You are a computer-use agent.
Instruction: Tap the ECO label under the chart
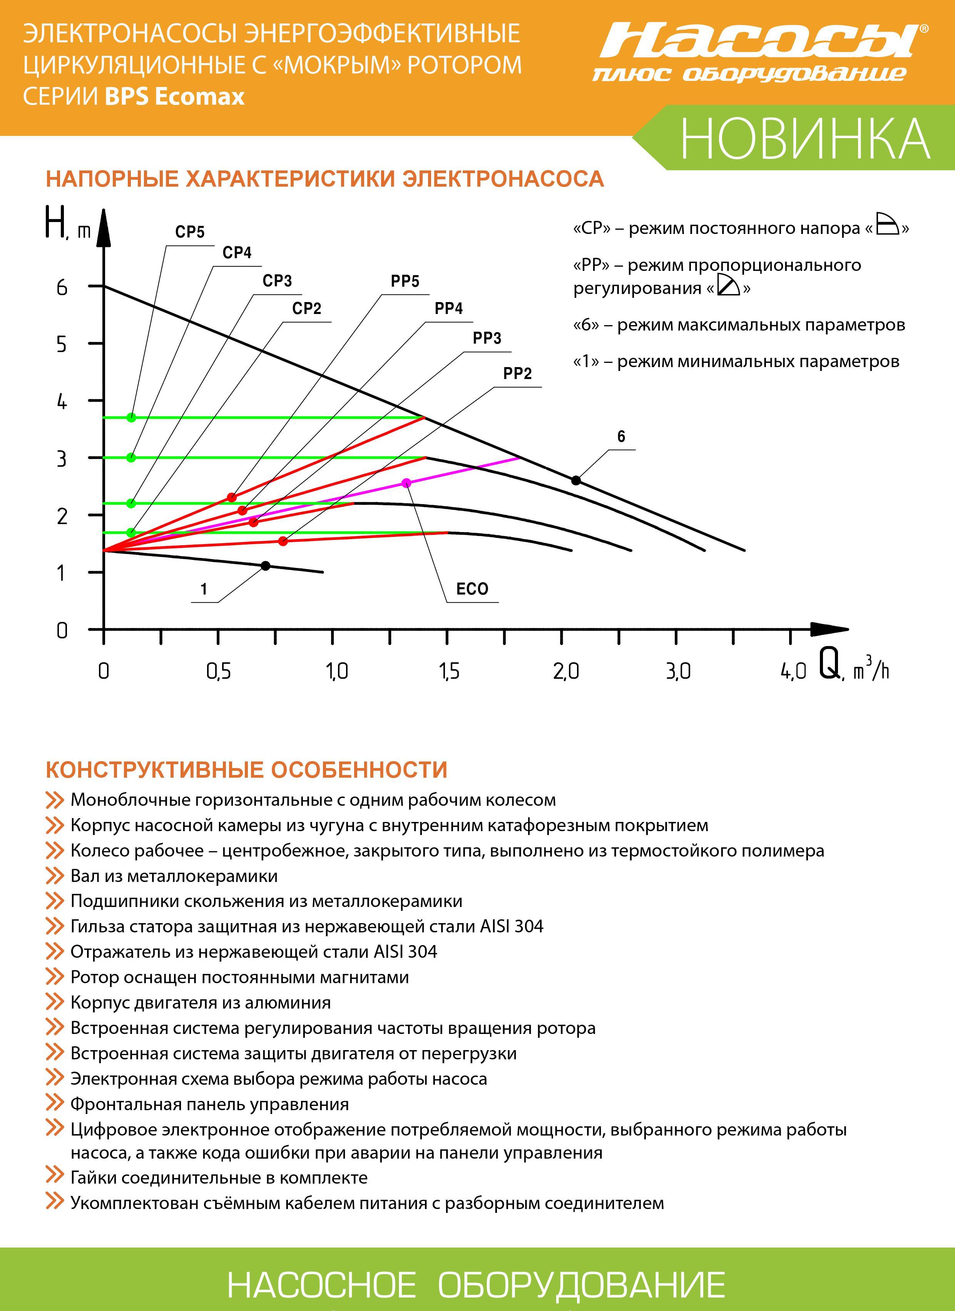472,589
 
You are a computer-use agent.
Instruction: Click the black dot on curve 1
265,565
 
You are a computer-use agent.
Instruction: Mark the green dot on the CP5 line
131,418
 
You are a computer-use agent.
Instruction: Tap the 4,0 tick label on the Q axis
793,671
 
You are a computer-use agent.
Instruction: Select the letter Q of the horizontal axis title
830,665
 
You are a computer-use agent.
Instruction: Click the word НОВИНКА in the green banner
805,139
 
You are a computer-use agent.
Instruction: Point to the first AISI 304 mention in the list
512,927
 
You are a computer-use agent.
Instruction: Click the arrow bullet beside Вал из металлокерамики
54,876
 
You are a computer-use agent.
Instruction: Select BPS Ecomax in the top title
175,96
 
